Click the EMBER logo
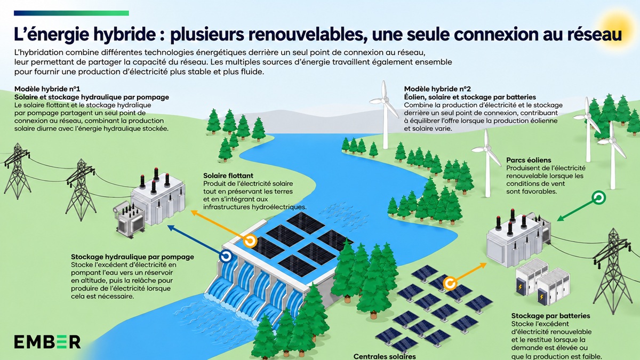pos(47,342)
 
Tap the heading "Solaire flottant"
pos(228,175)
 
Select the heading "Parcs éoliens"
pos(529,160)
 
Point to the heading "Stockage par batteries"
pos(550,316)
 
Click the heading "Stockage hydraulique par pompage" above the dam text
pos(133,257)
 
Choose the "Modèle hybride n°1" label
pos(47,89)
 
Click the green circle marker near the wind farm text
pos(598,197)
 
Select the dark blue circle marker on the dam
pos(226,256)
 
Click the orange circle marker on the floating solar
pos(250,241)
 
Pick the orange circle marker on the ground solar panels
pos(450,284)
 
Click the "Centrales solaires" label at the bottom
pos(385,356)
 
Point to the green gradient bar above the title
pos(71,13)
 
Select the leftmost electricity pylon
pos(17,171)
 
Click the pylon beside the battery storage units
pos(611,271)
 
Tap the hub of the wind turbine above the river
pos(385,100)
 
